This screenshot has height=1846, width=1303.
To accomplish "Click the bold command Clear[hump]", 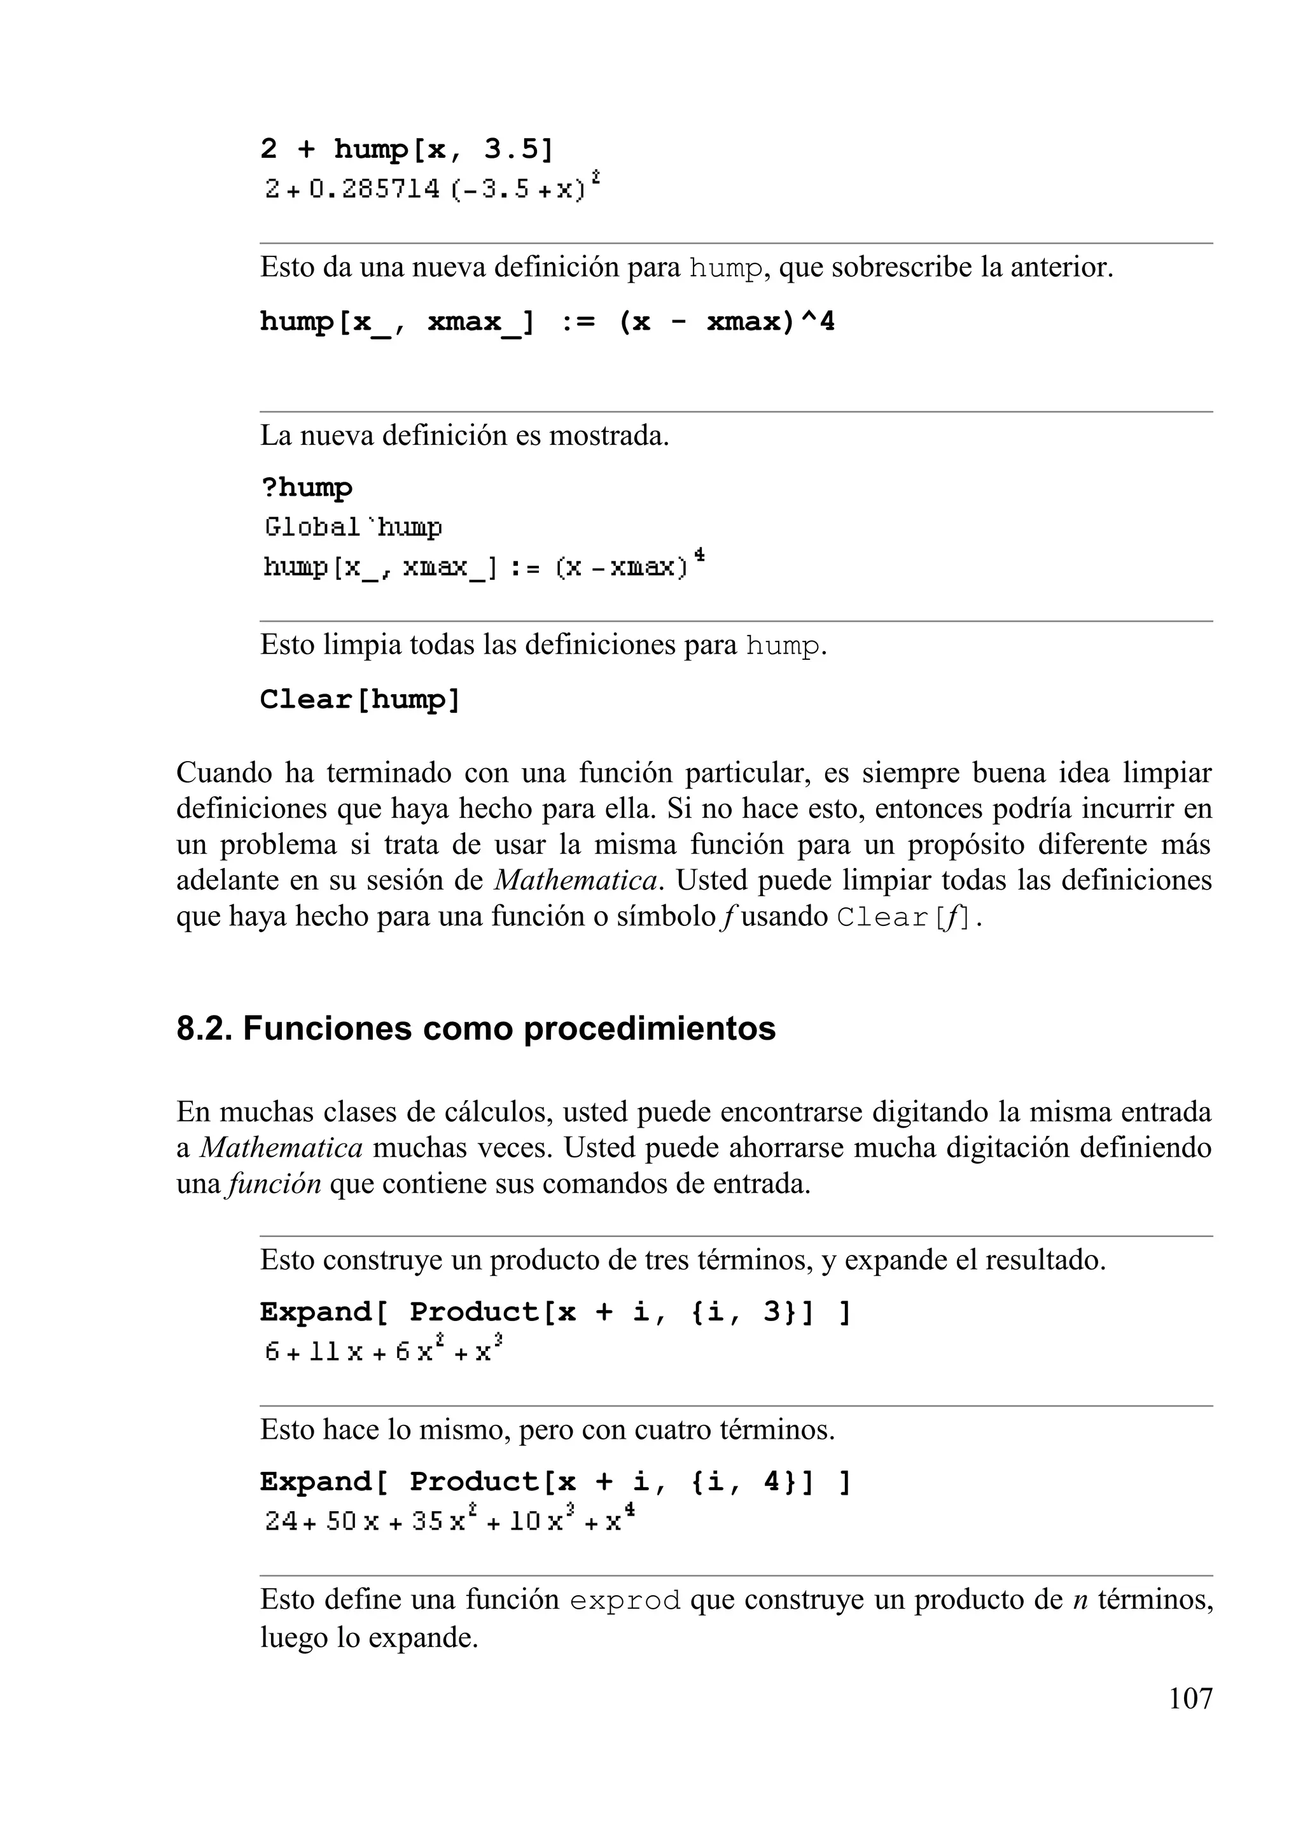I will (360, 699).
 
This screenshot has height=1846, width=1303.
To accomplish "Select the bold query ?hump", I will (306, 488).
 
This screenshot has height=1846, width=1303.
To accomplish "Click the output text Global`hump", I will (353, 528).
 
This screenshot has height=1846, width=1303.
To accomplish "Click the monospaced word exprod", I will (625, 1601).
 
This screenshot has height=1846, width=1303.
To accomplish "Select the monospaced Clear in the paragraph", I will (882, 918).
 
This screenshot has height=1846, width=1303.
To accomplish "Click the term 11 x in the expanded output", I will (336, 1352).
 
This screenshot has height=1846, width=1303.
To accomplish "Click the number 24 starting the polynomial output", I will (281, 1522).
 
